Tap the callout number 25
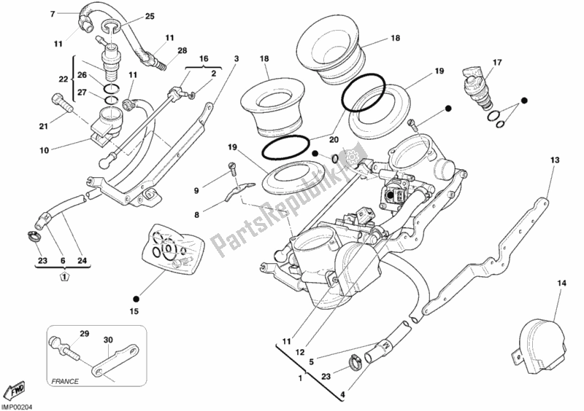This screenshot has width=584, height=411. click(150, 16)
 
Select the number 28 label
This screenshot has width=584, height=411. click(182, 50)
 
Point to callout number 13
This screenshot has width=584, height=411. click(555, 160)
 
